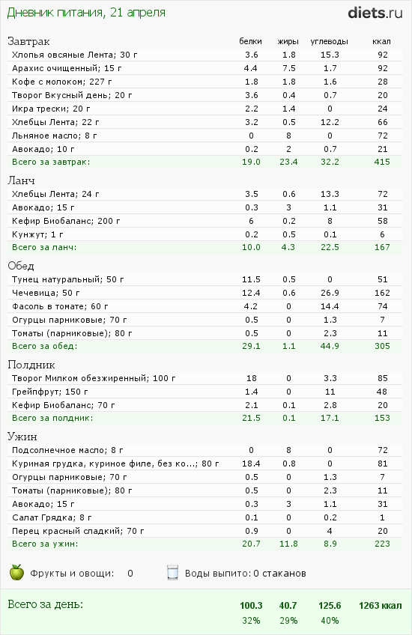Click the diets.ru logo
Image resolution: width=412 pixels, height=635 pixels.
[375, 13]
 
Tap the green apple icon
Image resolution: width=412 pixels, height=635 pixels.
[16, 572]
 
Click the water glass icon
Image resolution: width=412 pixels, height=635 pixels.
[172, 573]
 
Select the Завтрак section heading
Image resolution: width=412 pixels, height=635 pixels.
[28, 41]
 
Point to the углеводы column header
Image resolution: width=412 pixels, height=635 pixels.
[330, 41]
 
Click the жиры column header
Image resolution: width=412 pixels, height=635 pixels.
[288, 41]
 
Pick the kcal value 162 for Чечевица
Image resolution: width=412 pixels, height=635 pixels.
[382, 293]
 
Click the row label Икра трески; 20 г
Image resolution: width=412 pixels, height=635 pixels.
[51, 109]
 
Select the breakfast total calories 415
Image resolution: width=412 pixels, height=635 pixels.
[382, 162]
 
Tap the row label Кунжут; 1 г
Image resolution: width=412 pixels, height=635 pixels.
[37, 234]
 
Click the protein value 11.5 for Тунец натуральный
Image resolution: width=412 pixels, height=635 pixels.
[251, 279]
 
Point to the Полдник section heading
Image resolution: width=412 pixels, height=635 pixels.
[31, 365]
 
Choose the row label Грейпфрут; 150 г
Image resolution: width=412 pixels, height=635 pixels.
[50, 392]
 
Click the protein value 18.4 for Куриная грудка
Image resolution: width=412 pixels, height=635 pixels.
[251, 464]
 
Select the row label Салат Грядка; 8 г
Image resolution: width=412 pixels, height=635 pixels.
[52, 517]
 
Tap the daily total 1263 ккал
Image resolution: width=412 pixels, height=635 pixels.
[381, 606]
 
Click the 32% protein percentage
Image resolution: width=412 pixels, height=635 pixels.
[251, 621]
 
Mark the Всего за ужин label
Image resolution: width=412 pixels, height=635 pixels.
[44, 544]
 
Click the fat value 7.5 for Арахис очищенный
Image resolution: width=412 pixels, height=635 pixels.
[289, 68]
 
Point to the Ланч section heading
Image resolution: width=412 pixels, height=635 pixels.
[21, 180]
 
